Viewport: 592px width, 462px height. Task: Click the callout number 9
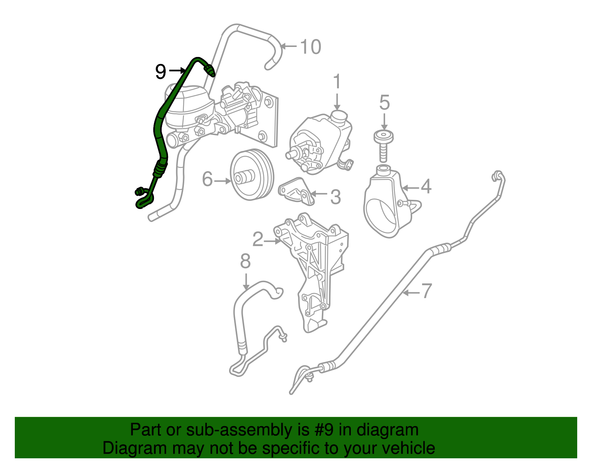pyautogui.click(x=161, y=71)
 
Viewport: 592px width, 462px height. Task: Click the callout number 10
pyautogui.click(x=310, y=47)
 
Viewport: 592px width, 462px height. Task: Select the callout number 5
pyautogui.click(x=384, y=102)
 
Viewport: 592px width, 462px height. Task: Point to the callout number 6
pyautogui.click(x=208, y=180)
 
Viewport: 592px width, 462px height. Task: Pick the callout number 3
pyautogui.click(x=335, y=197)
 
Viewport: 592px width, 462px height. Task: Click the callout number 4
pyautogui.click(x=426, y=186)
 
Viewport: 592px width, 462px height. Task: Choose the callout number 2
pyautogui.click(x=258, y=239)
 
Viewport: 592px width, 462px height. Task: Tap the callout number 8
pyautogui.click(x=245, y=261)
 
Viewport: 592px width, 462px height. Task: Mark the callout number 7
pyautogui.click(x=427, y=291)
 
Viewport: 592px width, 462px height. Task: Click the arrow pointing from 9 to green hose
pyautogui.click(x=177, y=70)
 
